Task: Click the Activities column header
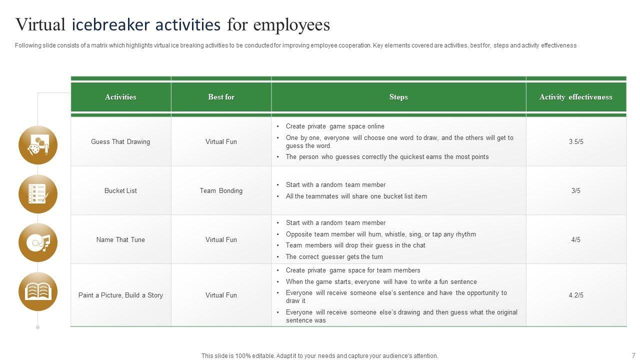pos(120,97)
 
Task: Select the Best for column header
pos(221,97)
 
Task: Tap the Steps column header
pos(398,97)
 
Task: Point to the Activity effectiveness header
pos(575,97)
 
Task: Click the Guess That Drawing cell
pos(120,141)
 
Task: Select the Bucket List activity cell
pos(120,190)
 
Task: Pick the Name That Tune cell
pos(120,239)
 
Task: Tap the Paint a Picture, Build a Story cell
pos(120,295)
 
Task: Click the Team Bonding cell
pos(221,190)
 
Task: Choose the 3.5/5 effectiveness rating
pos(576,141)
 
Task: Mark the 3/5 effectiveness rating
pos(576,190)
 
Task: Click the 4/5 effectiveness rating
pos(576,239)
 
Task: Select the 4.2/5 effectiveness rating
pos(576,295)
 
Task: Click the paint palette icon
pos(38,145)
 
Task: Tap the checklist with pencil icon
pos(38,194)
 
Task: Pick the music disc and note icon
pos(38,243)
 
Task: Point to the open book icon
pos(38,291)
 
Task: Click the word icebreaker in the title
pos(146,24)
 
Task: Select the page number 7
pos(633,355)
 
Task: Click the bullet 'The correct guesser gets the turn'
pos(334,257)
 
